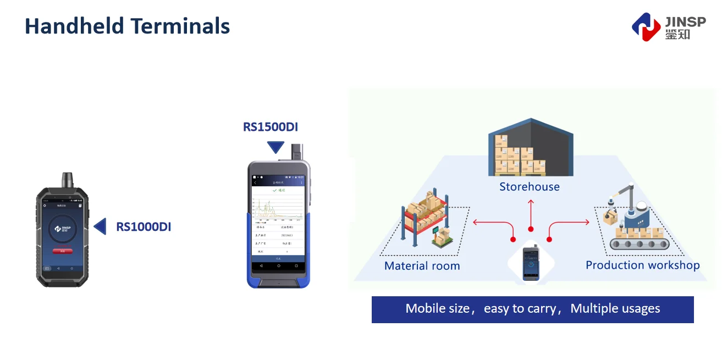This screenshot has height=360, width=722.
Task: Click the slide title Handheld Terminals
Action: coord(127,26)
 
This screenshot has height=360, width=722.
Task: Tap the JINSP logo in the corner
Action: coord(668,26)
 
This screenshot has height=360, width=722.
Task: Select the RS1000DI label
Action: coord(144,226)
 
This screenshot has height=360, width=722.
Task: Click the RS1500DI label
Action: coord(271,127)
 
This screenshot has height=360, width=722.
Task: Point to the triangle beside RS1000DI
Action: coord(100,226)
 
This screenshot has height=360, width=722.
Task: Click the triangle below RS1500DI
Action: coord(275,147)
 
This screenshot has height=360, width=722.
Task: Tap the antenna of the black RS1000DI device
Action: coord(68,180)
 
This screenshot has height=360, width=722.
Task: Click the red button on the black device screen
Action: coord(62,251)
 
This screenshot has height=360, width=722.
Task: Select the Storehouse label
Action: coord(529,187)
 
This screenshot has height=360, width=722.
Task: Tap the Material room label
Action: coord(422,266)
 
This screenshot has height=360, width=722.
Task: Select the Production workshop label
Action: coord(642,265)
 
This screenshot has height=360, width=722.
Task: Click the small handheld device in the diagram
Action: coord(531,263)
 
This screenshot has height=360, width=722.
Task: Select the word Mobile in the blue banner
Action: coord(425,309)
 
